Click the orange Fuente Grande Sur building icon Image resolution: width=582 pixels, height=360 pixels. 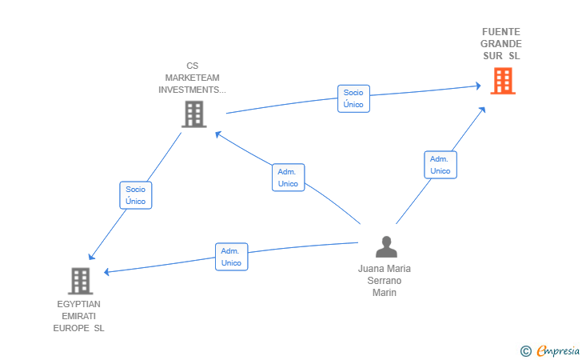[x=503, y=81]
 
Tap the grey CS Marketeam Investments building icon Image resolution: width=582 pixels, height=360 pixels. [x=194, y=114]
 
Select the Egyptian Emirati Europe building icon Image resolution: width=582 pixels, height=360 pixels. [x=81, y=281]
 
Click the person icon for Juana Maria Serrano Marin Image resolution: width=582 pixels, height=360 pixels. [x=386, y=246]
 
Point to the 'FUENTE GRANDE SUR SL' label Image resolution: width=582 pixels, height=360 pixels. [x=501, y=44]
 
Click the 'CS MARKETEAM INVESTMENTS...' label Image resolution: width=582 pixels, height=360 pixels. [x=192, y=78]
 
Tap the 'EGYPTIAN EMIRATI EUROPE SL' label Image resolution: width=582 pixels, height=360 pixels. [x=78, y=316]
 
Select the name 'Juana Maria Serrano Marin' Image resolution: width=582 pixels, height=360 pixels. [x=385, y=281]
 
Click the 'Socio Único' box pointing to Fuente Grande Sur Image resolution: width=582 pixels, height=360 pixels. [x=353, y=98]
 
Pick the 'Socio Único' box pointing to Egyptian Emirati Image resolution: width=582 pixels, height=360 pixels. [x=135, y=195]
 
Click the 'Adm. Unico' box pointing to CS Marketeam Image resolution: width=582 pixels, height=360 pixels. [x=288, y=178]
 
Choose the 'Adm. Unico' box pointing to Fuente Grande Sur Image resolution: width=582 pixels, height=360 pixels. [x=440, y=165]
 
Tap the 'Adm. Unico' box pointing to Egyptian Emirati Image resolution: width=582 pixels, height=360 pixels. [x=231, y=257]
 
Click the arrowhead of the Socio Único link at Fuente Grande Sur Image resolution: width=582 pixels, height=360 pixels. [x=478, y=86]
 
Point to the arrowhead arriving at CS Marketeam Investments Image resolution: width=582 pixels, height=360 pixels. [x=218, y=134]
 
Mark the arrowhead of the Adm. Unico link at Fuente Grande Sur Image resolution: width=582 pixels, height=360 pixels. [x=482, y=110]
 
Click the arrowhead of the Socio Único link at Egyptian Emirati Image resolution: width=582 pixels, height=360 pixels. [x=91, y=256]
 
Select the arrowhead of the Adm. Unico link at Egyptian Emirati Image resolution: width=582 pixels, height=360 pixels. [x=106, y=272]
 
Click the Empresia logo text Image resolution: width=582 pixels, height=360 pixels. [x=558, y=351]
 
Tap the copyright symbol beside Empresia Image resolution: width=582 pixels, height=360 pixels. [x=526, y=351]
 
